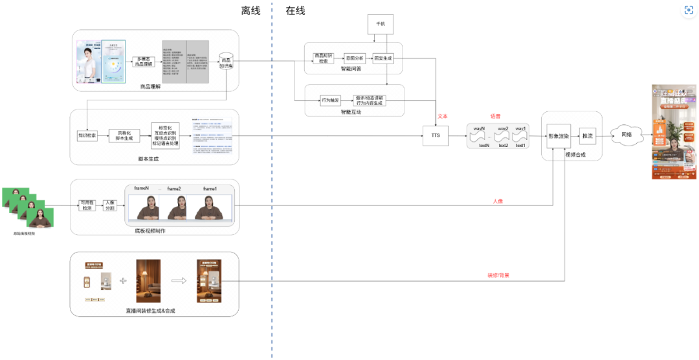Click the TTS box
435,137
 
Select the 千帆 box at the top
380,25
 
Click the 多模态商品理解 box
146,62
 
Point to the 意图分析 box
355,58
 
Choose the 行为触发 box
331,100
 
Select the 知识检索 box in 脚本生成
87,136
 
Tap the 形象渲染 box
558,137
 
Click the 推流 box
587,136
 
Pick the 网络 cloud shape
626,135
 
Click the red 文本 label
443,117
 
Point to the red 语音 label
496,116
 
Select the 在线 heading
295,11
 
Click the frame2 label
174,188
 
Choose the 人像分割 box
110,205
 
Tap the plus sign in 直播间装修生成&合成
123,282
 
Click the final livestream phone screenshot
674,131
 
